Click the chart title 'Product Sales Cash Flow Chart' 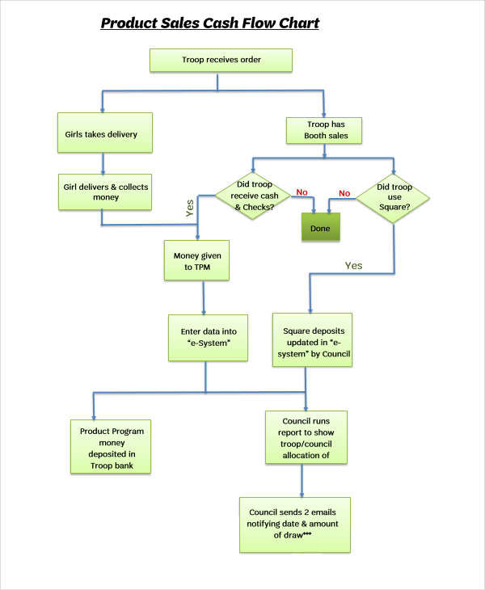[x=209, y=23]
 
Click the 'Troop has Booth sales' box [x=323, y=130]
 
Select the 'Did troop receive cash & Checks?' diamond [x=252, y=196]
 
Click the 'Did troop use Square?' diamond [x=394, y=196]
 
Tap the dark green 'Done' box [x=321, y=229]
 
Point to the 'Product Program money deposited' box [x=112, y=447]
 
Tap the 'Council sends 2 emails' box [x=295, y=525]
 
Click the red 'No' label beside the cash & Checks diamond [x=302, y=192]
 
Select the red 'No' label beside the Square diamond [x=344, y=193]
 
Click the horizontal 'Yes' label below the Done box [x=354, y=265]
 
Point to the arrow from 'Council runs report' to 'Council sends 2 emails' [x=302, y=481]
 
